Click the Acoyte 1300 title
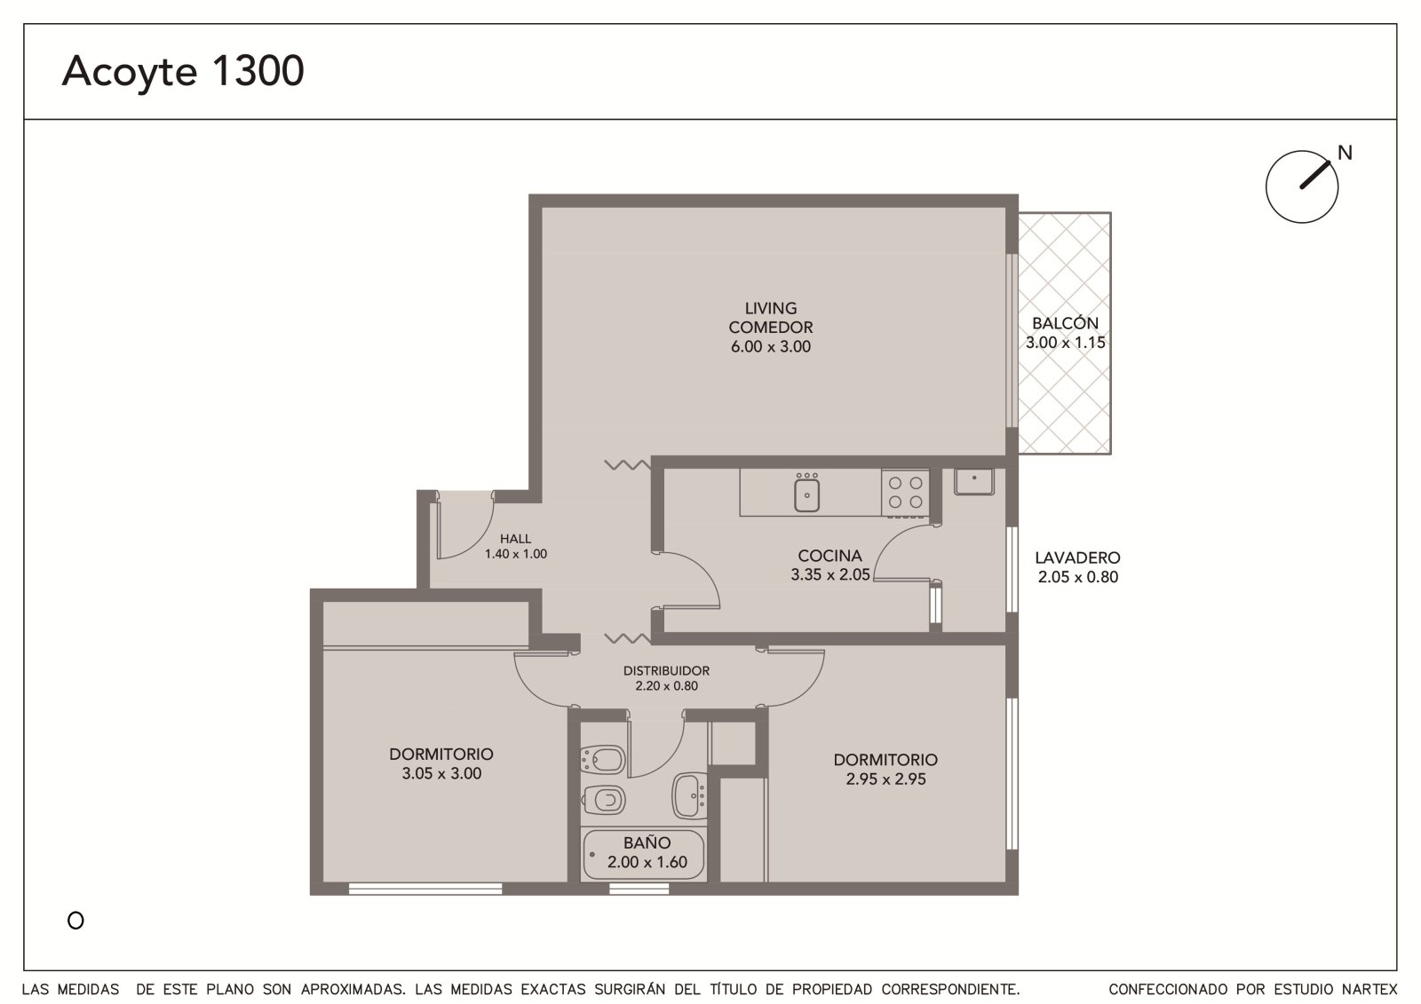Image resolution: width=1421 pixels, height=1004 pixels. coord(183,72)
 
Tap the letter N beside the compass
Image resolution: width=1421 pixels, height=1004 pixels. coord(1345,153)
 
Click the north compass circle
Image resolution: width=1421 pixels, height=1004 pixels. coord(1302,186)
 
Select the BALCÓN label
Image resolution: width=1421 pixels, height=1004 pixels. coord(1065,323)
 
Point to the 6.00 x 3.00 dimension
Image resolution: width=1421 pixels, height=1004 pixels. coord(770,346)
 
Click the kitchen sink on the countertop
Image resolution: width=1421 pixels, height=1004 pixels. coord(806,494)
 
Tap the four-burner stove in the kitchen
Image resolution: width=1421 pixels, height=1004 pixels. coord(905,493)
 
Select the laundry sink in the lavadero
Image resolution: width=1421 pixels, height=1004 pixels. coord(973,481)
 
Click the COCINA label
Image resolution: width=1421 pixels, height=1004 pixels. coord(830,556)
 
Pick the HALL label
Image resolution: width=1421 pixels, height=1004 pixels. coord(515,539)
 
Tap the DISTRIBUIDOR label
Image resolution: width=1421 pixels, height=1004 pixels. coord(666,670)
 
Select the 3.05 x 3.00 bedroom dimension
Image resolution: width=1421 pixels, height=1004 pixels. coord(441,773)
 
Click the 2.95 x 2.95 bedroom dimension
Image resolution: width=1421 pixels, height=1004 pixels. coord(885,779)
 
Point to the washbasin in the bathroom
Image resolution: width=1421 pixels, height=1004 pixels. coord(689,795)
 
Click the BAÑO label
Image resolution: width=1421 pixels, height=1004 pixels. coord(647,842)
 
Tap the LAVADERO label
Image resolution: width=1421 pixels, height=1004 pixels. coord(1077,557)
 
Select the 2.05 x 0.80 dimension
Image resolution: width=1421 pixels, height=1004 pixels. coord(1077,576)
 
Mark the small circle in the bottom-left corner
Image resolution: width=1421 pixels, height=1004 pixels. coord(75,921)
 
